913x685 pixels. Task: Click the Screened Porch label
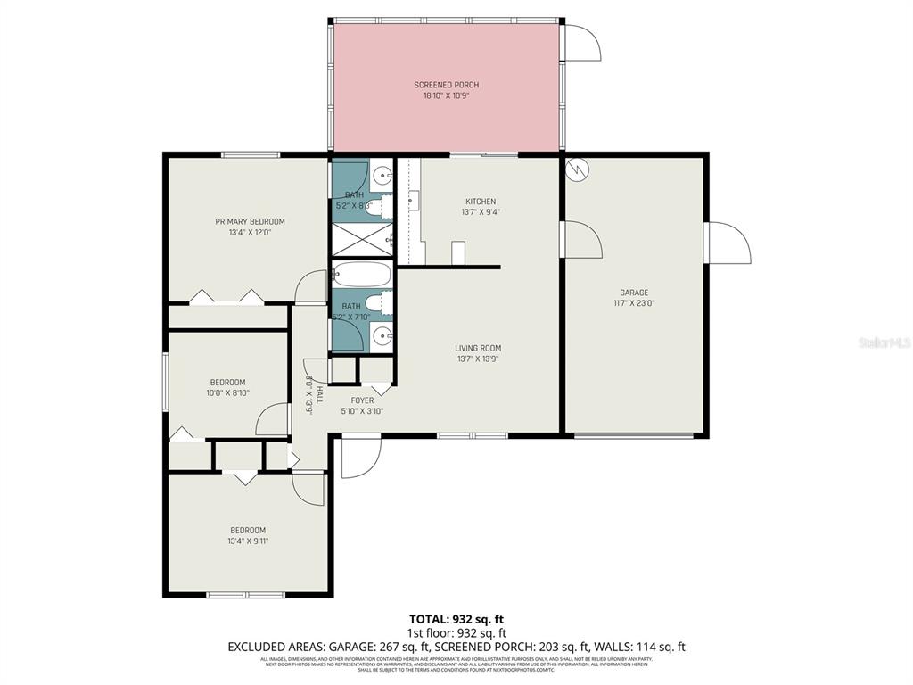point(446,85)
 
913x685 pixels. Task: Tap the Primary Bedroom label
point(250,221)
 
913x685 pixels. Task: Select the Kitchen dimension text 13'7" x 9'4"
point(480,212)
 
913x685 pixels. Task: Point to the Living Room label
point(478,348)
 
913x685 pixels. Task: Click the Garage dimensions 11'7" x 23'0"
point(634,302)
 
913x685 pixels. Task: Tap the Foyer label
point(362,400)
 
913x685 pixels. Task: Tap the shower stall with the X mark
point(361,239)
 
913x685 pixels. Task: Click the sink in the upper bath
point(382,175)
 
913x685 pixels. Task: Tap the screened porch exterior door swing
point(580,43)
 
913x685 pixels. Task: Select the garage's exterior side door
point(727,243)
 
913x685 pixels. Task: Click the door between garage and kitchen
point(581,239)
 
